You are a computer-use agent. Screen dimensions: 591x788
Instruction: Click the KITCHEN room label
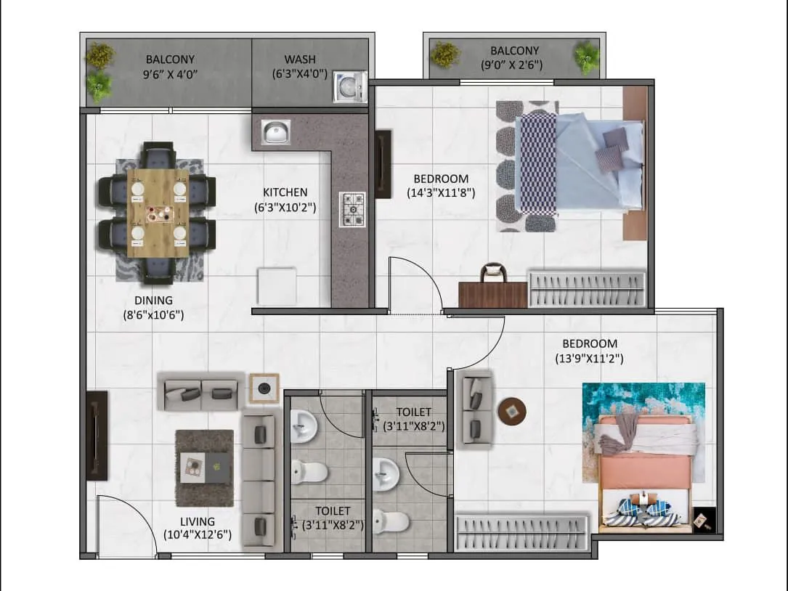pyautogui.click(x=285, y=192)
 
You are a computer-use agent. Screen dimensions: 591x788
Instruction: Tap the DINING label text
pyautogui.click(x=153, y=301)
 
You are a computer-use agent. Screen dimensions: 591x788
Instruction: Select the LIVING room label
pyautogui.click(x=198, y=521)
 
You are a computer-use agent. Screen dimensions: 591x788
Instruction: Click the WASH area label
pyautogui.click(x=300, y=60)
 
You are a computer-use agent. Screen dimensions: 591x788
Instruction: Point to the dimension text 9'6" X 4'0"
pyautogui.click(x=170, y=73)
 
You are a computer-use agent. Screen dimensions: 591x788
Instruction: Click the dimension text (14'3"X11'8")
pyautogui.click(x=441, y=193)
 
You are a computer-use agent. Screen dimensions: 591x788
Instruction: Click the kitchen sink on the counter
pyautogui.click(x=275, y=132)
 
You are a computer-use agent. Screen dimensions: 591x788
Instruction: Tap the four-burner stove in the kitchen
pyautogui.click(x=353, y=209)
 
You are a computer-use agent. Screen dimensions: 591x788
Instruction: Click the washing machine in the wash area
pyautogui.click(x=349, y=88)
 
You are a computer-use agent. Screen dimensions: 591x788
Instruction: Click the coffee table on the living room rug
pyautogui.click(x=205, y=467)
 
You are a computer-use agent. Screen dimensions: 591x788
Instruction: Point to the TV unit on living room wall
pyautogui.click(x=97, y=436)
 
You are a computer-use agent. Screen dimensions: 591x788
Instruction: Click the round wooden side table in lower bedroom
pyautogui.click(x=512, y=411)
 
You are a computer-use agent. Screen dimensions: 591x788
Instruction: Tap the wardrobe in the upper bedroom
pyautogui.click(x=586, y=290)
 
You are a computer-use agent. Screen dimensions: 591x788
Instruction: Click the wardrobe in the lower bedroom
pyautogui.click(x=522, y=533)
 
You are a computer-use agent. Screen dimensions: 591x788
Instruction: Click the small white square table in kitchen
pyautogui.click(x=277, y=285)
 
